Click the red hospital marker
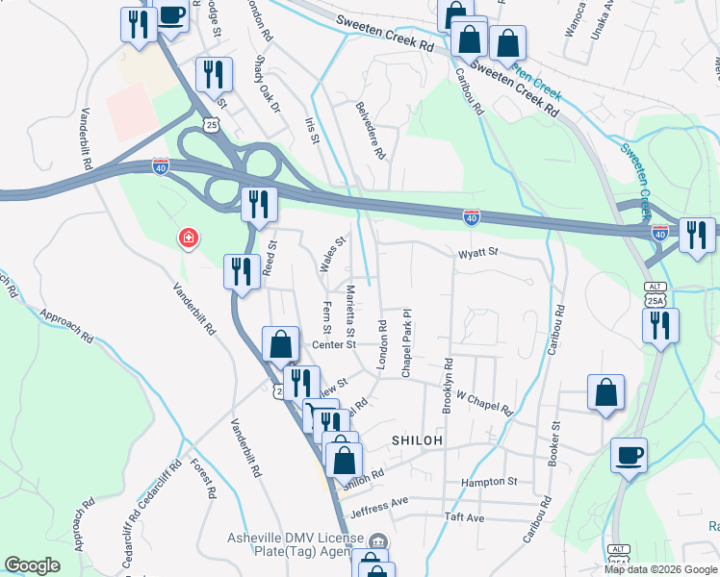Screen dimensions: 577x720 tap(189, 238)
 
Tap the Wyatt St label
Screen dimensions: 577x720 tap(477, 253)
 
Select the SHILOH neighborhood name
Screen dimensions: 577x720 tap(417, 439)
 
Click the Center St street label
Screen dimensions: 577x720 tap(333, 344)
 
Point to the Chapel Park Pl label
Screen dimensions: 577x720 tap(407, 330)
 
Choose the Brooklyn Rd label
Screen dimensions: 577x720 tap(447, 387)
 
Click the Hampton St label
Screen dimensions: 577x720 tap(489, 481)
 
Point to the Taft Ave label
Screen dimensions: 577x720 tap(464, 517)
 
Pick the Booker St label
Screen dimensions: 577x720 tap(554, 443)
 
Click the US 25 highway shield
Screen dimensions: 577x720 tap(211, 124)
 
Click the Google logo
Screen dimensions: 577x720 tap(32, 565)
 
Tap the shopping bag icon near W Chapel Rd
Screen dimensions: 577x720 tap(605, 392)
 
